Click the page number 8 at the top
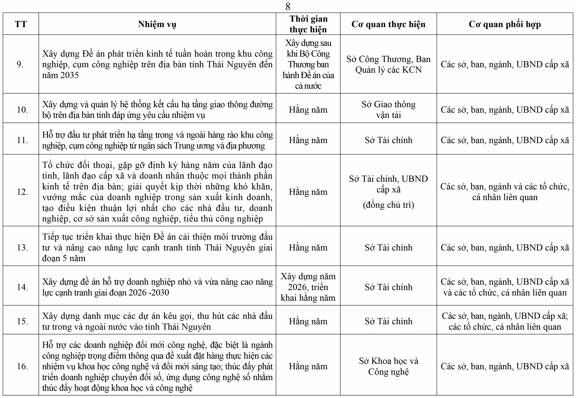coord(288,6)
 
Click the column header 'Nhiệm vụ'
coord(157,24)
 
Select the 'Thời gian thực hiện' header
coord(308,24)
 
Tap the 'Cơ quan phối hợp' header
coord(505,24)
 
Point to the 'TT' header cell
coord(21,24)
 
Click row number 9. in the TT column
coord(20,64)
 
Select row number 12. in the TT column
coord(22,192)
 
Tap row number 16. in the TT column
coord(22,366)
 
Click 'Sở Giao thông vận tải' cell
coord(388,110)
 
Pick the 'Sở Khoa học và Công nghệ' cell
coord(388,366)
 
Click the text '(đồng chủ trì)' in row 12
coord(388,205)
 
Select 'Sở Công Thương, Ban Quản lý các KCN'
coord(388,64)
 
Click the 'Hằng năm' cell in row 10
coord(308,110)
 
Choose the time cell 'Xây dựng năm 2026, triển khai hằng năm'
coord(308,287)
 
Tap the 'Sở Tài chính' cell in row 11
coord(388,140)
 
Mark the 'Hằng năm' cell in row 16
coord(308,366)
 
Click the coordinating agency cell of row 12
coord(505,192)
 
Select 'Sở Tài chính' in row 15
coord(388,321)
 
